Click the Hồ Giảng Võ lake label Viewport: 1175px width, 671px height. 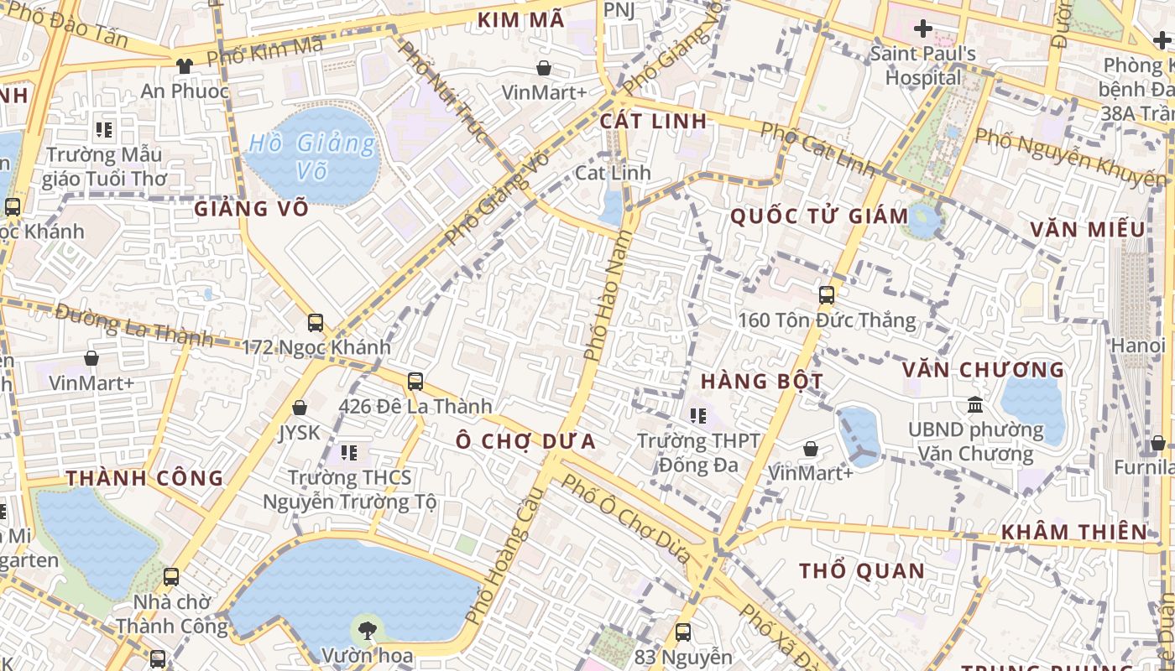point(312,157)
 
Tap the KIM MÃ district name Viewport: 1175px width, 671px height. point(521,21)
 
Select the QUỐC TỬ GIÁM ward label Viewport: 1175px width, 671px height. point(819,216)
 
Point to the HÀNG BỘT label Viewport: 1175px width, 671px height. point(762,381)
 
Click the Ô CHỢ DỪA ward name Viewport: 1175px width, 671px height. point(526,441)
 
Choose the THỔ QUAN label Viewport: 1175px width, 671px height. point(862,571)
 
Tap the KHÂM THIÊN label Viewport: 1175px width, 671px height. point(1074,532)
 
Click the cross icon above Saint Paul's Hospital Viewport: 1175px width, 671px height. point(923,29)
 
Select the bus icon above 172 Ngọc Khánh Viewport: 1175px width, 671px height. point(316,323)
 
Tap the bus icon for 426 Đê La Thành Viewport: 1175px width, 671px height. point(415,382)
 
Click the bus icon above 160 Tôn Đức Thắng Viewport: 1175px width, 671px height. point(827,295)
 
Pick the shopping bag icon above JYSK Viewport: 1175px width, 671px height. point(300,408)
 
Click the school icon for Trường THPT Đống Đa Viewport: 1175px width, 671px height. point(698,415)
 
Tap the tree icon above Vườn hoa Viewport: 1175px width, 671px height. point(366,631)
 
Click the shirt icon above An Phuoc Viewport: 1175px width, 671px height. point(185,66)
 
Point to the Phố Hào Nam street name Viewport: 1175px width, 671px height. point(607,298)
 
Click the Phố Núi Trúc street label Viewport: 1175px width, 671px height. point(441,91)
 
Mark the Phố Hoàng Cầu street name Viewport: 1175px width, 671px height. point(500,556)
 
